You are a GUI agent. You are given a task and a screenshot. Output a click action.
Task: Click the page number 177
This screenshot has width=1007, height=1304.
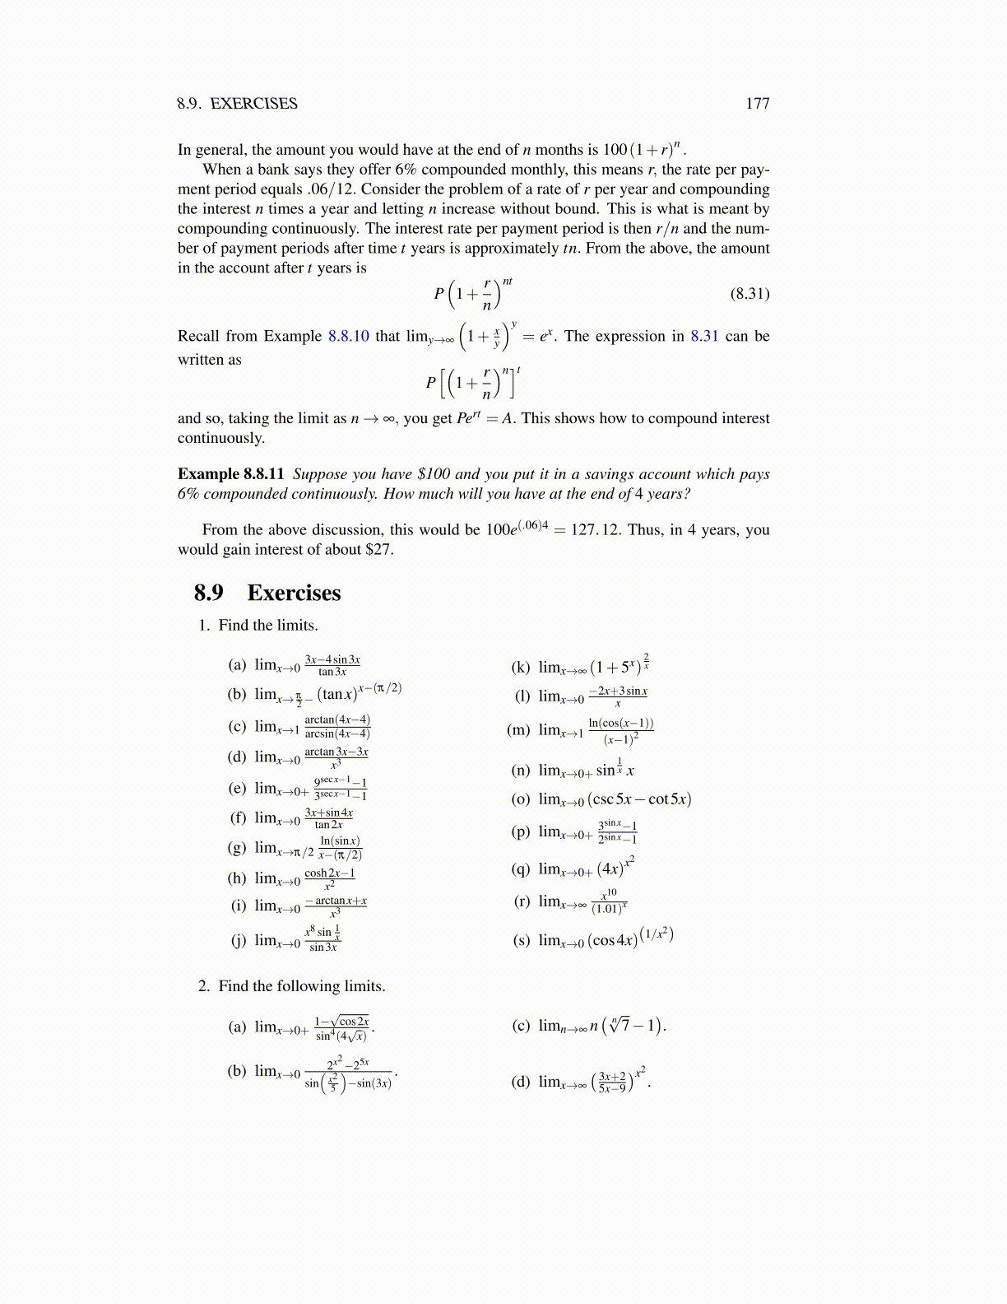[x=757, y=104]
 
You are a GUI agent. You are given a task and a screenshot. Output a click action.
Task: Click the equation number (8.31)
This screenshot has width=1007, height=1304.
[x=749, y=294]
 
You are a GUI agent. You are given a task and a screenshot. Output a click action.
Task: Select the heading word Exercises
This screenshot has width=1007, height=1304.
[x=294, y=593]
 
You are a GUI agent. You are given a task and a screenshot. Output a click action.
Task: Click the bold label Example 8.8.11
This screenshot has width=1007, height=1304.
[x=230, y=474]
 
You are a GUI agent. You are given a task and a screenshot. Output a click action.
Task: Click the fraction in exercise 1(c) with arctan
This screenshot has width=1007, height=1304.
[x=337, y=726]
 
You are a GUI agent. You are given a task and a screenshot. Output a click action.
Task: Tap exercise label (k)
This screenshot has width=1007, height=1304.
[x=521, y=667]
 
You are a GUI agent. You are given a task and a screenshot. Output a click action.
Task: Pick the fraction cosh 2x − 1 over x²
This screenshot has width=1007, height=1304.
[x=329, y=878]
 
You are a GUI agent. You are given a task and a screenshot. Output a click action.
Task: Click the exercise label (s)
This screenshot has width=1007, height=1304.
[x=521, y=940]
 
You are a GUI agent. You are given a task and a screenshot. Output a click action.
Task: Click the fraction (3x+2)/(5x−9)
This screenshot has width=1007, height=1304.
[x=612, y=1082]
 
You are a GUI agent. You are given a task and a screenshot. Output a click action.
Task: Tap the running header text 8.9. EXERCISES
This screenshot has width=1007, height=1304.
[x=237, y=104]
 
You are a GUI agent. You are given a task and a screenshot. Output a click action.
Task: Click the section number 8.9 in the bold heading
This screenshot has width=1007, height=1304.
[x=208, y=593]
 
